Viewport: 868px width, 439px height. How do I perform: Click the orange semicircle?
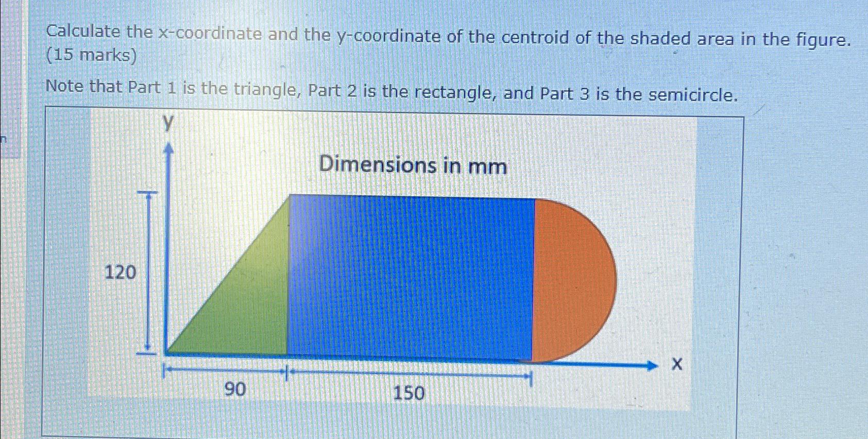pyautogui.click(x=572, y=281)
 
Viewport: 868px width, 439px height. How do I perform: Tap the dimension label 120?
pyautogui.click(x=121, y=272)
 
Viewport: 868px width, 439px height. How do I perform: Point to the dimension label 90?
pyautogui.click(x=235, y=389)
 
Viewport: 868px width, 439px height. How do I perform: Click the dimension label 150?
pyautogui.click(x=409, y=393)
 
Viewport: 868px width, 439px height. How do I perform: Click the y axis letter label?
pyautogui.click(x=168, y=123)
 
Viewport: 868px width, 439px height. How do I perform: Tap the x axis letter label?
pyautogui.click(x=677, y=365)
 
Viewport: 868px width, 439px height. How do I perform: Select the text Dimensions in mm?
pyautogui.click(x=413, y=165)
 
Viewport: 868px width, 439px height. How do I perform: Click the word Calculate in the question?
pyautogui.click(x=83, y=32)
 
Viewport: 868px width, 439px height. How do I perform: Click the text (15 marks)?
pyautogui.click(x=92, y=55)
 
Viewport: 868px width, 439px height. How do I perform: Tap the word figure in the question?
pyautogui.click(x=821, y=40)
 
